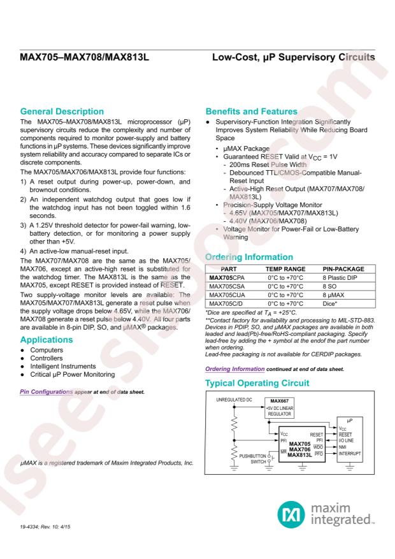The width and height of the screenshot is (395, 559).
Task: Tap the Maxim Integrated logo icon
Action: [x=287, y=512]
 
